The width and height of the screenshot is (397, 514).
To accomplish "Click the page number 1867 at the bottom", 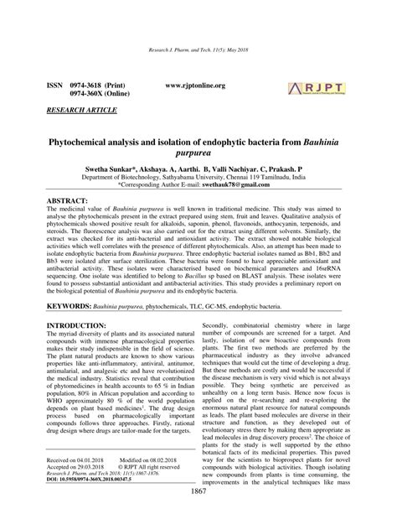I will pos(198,501).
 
